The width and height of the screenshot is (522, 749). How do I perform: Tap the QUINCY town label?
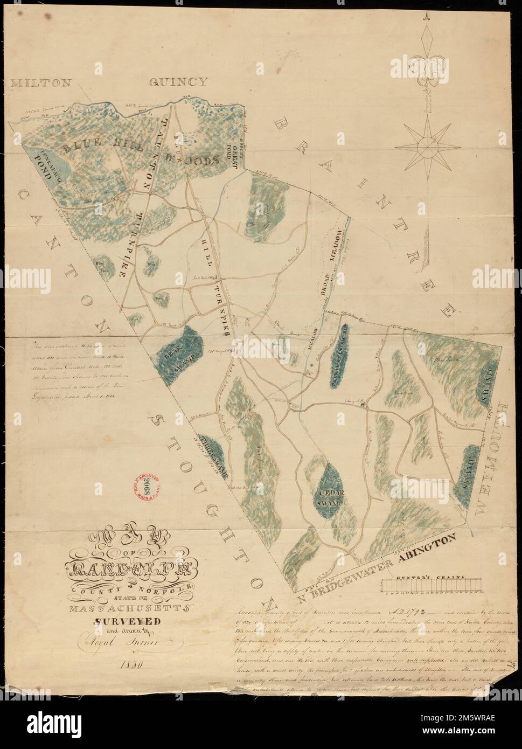click(178, 82)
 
